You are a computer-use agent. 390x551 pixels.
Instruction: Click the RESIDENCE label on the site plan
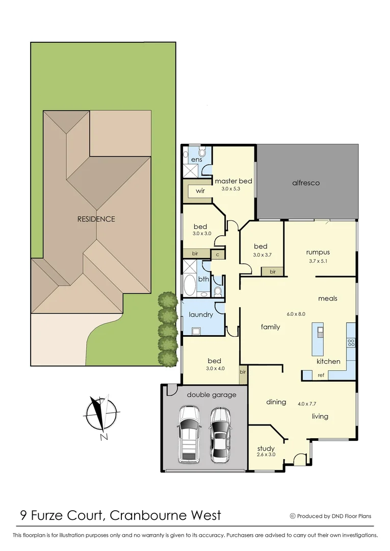pos(96,219)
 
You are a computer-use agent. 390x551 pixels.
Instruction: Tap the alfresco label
pos(306,183)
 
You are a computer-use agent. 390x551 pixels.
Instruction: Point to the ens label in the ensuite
pos(197,160)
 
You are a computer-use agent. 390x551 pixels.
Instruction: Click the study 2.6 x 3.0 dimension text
pos(266,455)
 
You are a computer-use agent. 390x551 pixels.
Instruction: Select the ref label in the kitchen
pos(321,375)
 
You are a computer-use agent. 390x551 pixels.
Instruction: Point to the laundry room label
pos(201,315)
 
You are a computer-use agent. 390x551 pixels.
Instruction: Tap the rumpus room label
pos(318,252)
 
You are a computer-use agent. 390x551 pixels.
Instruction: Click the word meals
pos(327,298)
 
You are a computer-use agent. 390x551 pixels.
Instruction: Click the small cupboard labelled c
pos(217,254)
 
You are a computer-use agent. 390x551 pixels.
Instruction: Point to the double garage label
pos(204,394)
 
